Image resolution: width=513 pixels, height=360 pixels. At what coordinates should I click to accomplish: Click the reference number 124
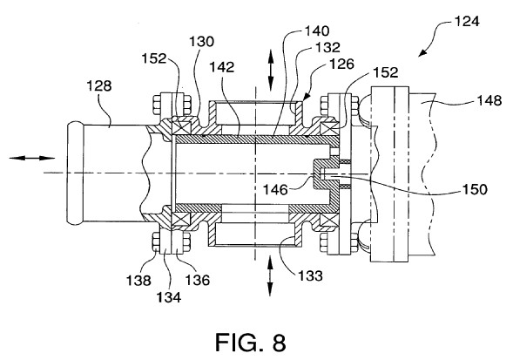coord(467,22)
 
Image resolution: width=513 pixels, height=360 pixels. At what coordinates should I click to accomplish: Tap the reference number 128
coord(99,86)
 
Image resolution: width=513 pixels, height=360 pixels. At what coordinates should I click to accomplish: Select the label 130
coord(202,42)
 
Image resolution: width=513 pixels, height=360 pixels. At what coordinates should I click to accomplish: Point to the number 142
coord(222,67)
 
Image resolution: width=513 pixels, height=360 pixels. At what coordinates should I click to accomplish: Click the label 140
coord(317,31)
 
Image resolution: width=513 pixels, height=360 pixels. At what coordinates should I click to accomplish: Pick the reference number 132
coord(327,48)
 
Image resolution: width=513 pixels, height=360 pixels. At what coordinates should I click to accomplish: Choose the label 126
coord(342,64)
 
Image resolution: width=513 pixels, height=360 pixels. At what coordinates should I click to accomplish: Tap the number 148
coord(489,100)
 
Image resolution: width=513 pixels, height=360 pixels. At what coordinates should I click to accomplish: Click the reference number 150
coord(475,189)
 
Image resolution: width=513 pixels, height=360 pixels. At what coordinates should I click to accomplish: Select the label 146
coord(276,190)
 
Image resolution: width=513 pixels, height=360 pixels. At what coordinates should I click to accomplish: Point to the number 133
coord(310,275)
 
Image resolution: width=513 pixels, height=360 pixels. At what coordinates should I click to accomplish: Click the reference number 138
coord(138,281)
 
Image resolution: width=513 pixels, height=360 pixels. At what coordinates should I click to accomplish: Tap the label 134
coord(169,297)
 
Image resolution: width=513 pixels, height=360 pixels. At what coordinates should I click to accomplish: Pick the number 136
coord(198,280)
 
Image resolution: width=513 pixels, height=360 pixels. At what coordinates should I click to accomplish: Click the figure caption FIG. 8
coord(250,343)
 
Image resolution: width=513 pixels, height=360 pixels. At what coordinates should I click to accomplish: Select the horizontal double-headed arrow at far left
coord(31,159)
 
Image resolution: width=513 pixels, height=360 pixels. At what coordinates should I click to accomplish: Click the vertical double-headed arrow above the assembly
coord(271,70)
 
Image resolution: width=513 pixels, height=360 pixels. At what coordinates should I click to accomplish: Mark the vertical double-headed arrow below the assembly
coord(270,276)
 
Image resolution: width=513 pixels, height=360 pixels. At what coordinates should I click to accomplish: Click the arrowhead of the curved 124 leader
coord(422,53)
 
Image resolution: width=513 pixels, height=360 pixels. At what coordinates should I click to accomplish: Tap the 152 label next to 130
coord(154,59)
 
